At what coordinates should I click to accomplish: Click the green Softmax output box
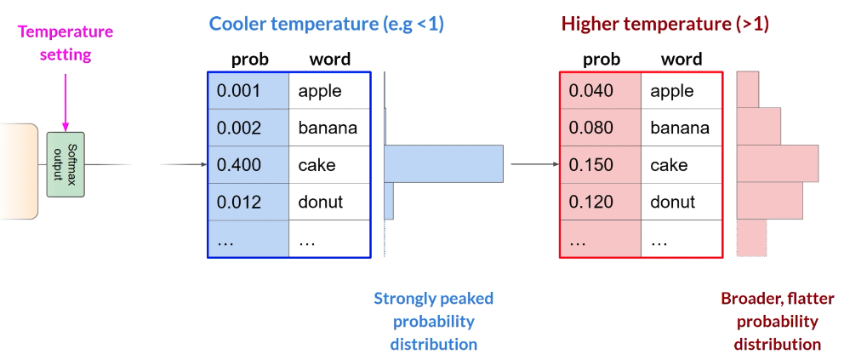click(66, 164)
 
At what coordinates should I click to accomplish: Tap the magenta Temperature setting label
click(66, 43)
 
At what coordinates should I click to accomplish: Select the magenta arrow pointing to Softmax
click(66, 102)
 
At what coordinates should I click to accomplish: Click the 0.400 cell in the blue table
click(248, 165)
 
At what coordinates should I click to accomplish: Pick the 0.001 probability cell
click(248, 91)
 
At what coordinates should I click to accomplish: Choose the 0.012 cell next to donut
click(248, 202)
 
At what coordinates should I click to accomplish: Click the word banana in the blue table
click(328, 128)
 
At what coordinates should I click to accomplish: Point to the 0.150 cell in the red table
click(601, 165)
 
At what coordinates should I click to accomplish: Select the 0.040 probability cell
click(601, 91)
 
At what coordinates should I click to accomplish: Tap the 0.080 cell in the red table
click(601, 128)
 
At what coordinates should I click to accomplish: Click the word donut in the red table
click(673, 202)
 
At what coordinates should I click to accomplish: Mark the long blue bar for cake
click(444, 163)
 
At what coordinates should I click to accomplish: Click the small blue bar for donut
click(389, 201)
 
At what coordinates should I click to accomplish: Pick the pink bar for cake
click(778, 163)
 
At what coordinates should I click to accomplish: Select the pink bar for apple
click(748, 89)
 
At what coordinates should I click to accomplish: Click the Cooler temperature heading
click(326, 25)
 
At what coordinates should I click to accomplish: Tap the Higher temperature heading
click(665, 25)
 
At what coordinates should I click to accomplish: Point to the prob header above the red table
click(602, 60)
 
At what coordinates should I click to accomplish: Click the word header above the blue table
click(330, 60)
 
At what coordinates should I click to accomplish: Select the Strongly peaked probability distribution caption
click(434, 322)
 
